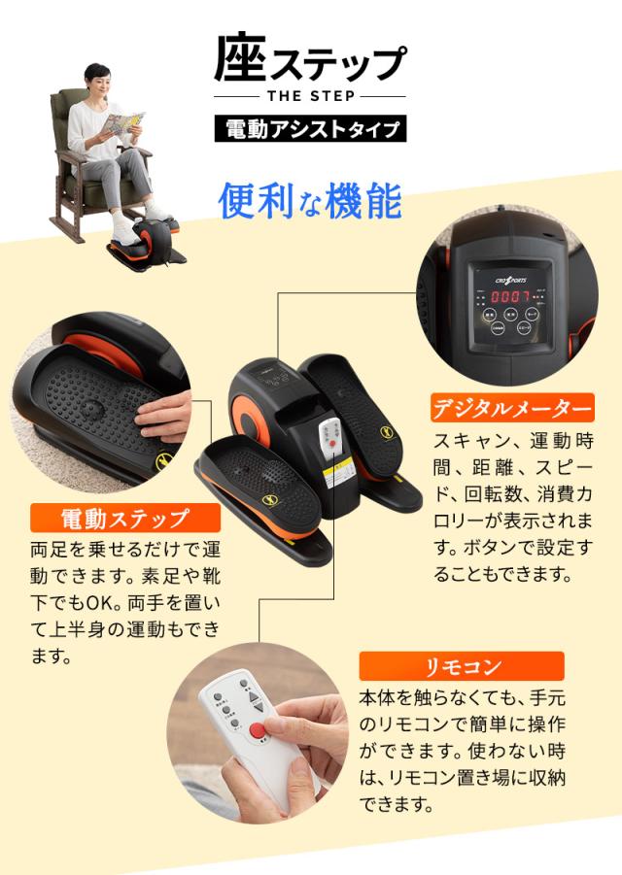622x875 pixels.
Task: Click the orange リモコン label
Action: [x=461, y=667]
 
